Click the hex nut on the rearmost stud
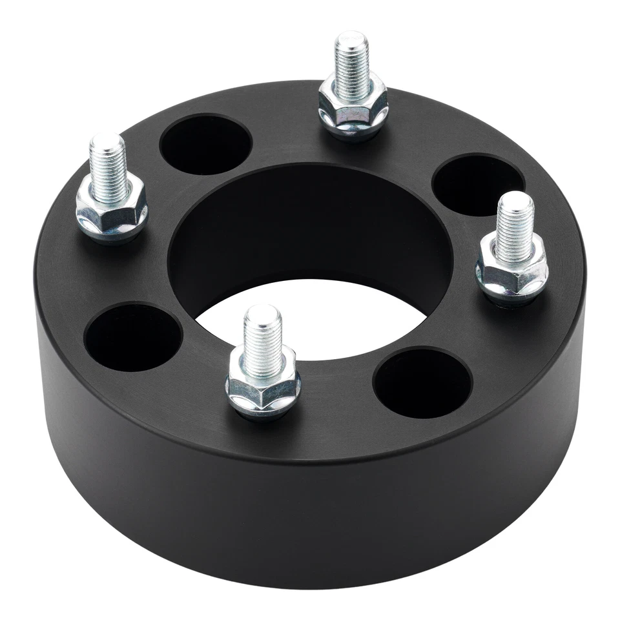(353, 103)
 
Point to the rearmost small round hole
(205, 145)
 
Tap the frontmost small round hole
(423, 382)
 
